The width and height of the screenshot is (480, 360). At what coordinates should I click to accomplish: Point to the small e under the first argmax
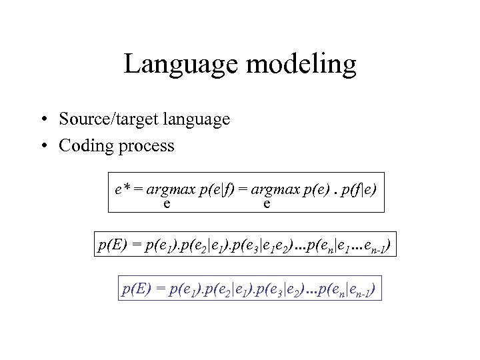(x=166, y=203)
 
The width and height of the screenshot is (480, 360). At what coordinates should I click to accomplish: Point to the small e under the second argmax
(x=267, y=203)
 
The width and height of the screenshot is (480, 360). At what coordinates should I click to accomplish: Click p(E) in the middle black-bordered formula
(x=111, y=247)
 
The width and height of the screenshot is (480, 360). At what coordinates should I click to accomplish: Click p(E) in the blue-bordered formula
(x=136, y=289)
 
